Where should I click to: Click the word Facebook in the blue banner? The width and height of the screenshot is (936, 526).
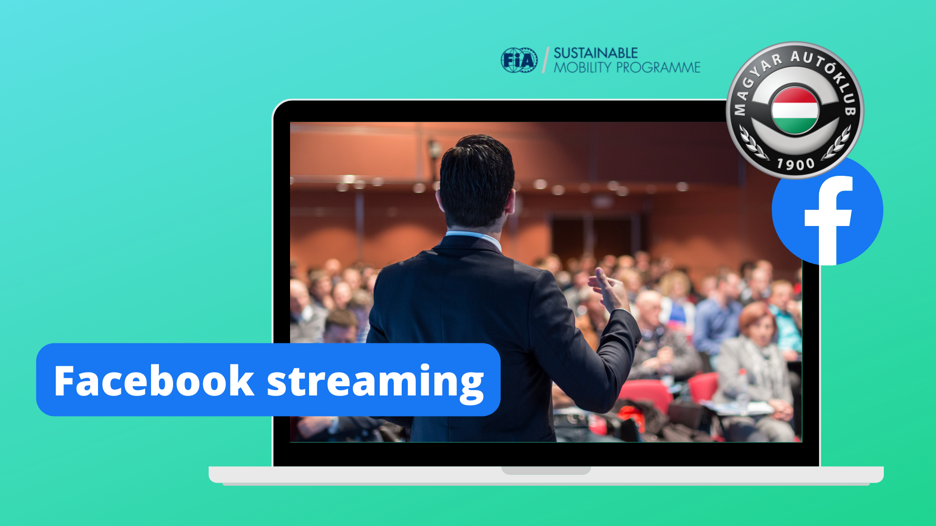tap(154, 380)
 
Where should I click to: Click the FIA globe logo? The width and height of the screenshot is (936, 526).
tap(519, 60)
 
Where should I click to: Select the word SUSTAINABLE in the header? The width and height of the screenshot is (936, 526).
tap(595, 53)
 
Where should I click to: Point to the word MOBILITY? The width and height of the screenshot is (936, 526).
tap(583, 67)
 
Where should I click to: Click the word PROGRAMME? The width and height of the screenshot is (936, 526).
tap(658, 67)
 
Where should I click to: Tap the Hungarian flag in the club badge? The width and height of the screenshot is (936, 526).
tap(795, 111)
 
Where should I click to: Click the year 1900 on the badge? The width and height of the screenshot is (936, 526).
tap(796, 164)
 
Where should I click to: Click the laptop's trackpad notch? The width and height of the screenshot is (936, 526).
tap(546, 470)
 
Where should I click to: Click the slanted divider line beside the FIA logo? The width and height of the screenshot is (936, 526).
tap(546, 60)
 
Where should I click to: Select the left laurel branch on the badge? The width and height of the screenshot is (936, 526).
tap(753, 144)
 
